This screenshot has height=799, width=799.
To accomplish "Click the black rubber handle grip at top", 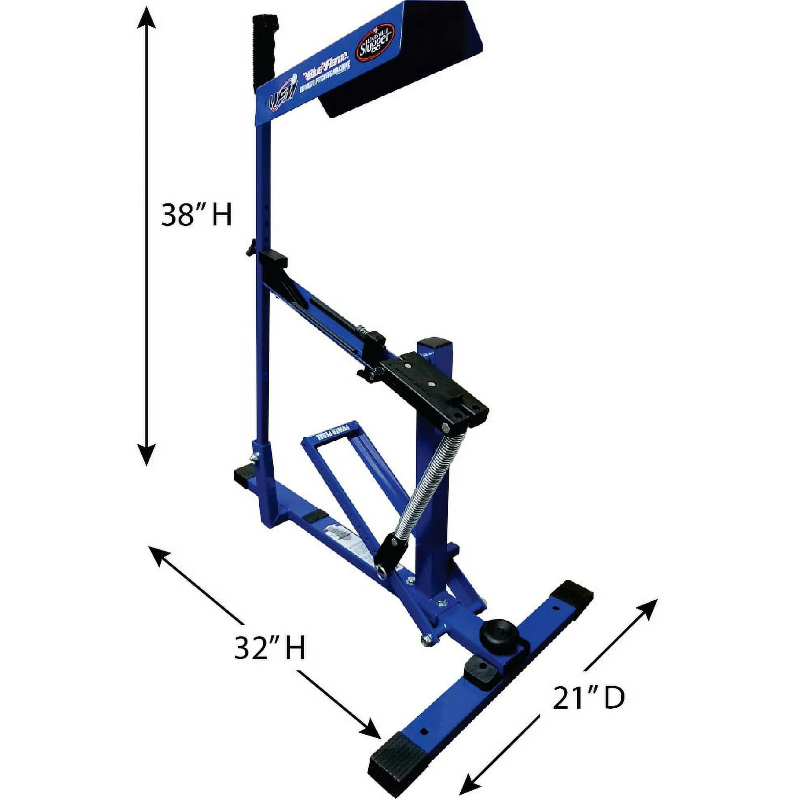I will [x=265, y=46].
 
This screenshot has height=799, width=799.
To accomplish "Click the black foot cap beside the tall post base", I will [x=244, y=475].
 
